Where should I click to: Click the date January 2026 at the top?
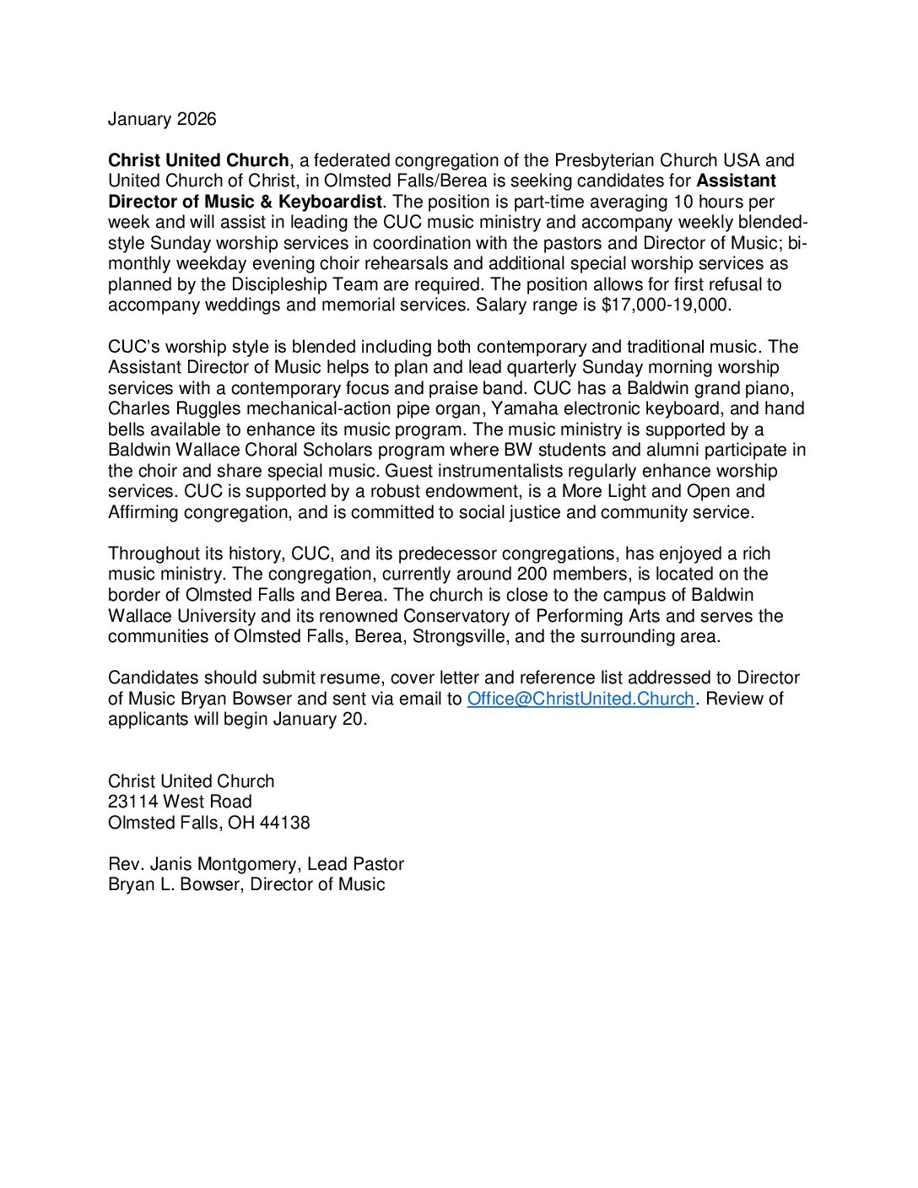[x=162, y=119]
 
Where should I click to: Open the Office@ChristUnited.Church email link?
[x=580, y=699]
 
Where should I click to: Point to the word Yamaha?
[x=524, y=409]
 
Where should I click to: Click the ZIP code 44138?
[x=285, y=823]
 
